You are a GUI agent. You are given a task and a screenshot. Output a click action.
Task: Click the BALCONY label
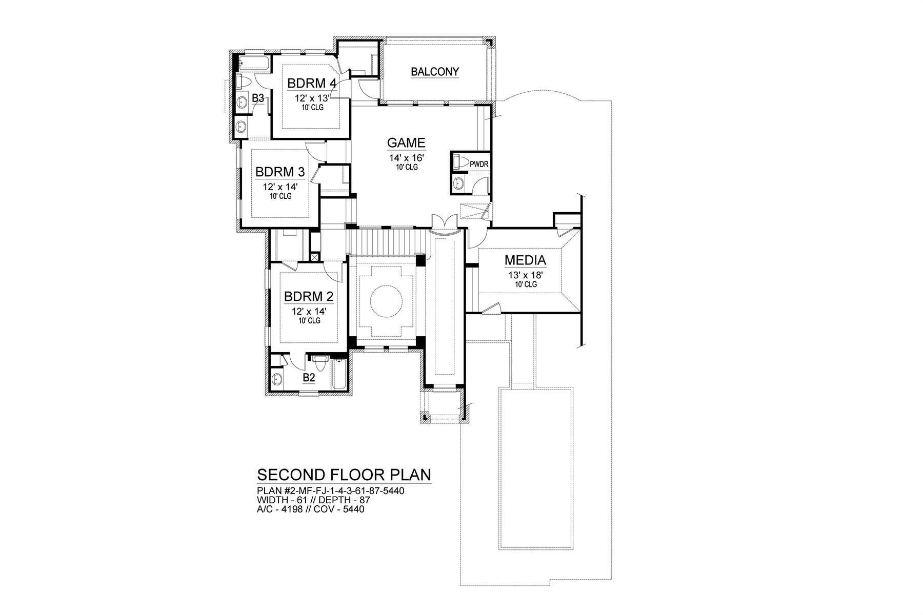435,72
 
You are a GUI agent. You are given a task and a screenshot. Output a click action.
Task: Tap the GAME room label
406,142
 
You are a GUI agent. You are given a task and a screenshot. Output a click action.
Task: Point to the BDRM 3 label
280,171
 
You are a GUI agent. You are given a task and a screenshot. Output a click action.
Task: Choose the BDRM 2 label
309,296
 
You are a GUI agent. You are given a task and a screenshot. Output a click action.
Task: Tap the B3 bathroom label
258,97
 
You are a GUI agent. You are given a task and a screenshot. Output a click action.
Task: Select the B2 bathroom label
309,378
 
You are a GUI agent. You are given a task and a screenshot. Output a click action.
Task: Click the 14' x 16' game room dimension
406,158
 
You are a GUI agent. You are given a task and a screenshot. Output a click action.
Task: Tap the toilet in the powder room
461,162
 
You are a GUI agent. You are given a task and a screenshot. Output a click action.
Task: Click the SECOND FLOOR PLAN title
344,474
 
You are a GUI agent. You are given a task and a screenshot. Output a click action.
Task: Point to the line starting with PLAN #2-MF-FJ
330,490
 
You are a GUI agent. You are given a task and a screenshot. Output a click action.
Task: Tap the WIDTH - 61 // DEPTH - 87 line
313,500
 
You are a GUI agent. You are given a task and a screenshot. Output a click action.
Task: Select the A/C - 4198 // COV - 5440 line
310,509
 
